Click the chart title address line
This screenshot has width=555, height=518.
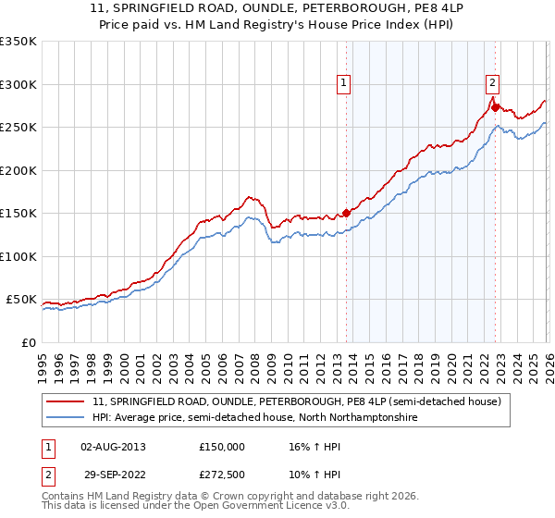277,8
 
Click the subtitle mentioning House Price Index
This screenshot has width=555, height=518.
277,25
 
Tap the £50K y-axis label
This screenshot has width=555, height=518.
21,300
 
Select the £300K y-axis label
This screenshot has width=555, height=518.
18,84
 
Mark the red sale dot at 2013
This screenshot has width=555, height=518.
347,213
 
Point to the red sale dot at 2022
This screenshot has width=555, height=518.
496,107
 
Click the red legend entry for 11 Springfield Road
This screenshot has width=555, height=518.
296,401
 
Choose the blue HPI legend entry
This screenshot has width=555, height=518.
254,418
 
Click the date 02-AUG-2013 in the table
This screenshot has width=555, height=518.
113,446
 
